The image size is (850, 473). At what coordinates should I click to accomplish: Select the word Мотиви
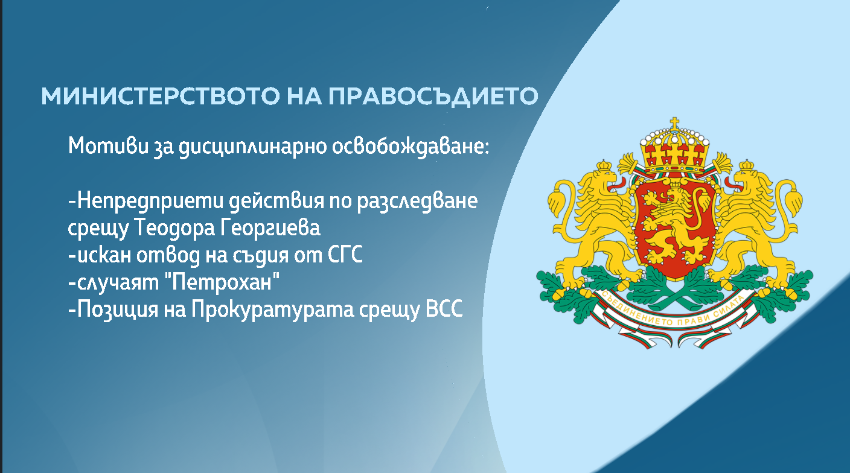104,147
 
